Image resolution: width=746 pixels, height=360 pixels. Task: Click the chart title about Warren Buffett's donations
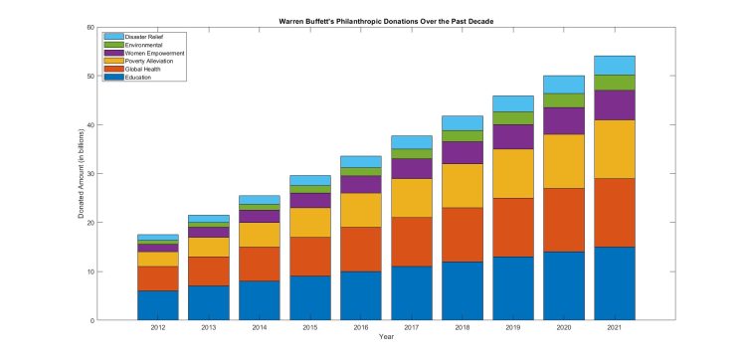coord(386,21)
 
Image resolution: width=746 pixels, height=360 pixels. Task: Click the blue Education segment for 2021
coord(614,283)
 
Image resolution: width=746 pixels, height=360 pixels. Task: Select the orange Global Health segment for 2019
coord(512,227)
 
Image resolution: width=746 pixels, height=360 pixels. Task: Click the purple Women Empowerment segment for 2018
coord(462,152)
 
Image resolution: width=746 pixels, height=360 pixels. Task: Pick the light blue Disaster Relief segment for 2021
coord(614,66)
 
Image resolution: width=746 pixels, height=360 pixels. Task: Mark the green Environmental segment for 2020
coord(563,100)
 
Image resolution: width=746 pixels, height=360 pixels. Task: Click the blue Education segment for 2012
coord(157,305)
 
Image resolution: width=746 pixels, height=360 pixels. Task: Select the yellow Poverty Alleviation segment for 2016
coord(360,210)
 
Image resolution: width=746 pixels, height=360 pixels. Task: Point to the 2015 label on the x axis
coord(309,328)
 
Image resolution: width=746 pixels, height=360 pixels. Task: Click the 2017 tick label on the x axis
coord(411,328)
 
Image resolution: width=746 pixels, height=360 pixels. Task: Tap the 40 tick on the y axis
coord(89,124)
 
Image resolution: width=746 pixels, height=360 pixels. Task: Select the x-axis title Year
coord(386,338)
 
